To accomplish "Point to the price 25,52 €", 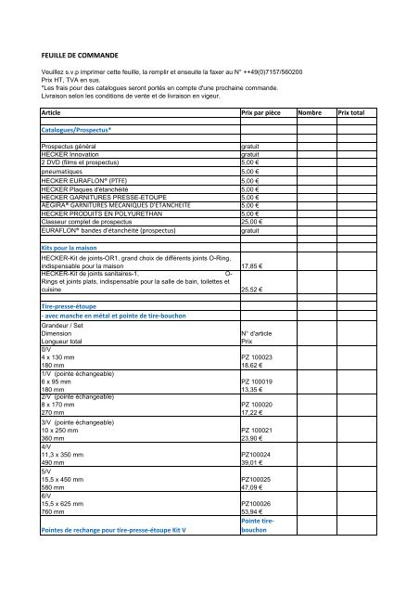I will click(253, 290).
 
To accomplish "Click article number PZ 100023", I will click(260, 356).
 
